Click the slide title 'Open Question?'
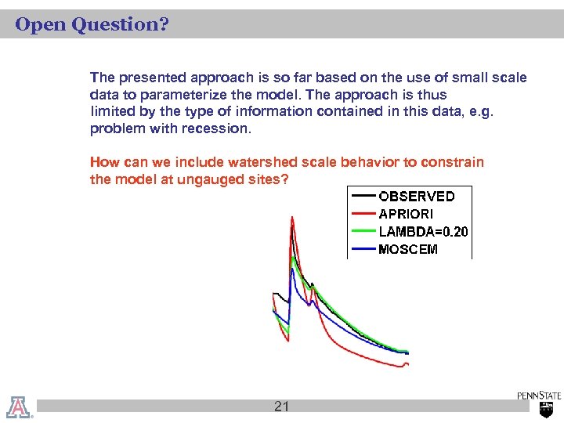click(92, 25)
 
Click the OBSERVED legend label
click(416, 196)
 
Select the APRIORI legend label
click(406, 214)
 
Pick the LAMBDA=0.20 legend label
click(423, 232)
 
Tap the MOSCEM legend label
click(408, 250)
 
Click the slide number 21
click(282, 406)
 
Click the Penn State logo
click(539, 403)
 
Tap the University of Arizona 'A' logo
click(19, 406)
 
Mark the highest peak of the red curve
click(291, 219)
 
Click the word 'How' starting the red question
click(103, 162)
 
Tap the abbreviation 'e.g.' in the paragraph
click(481, 111)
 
